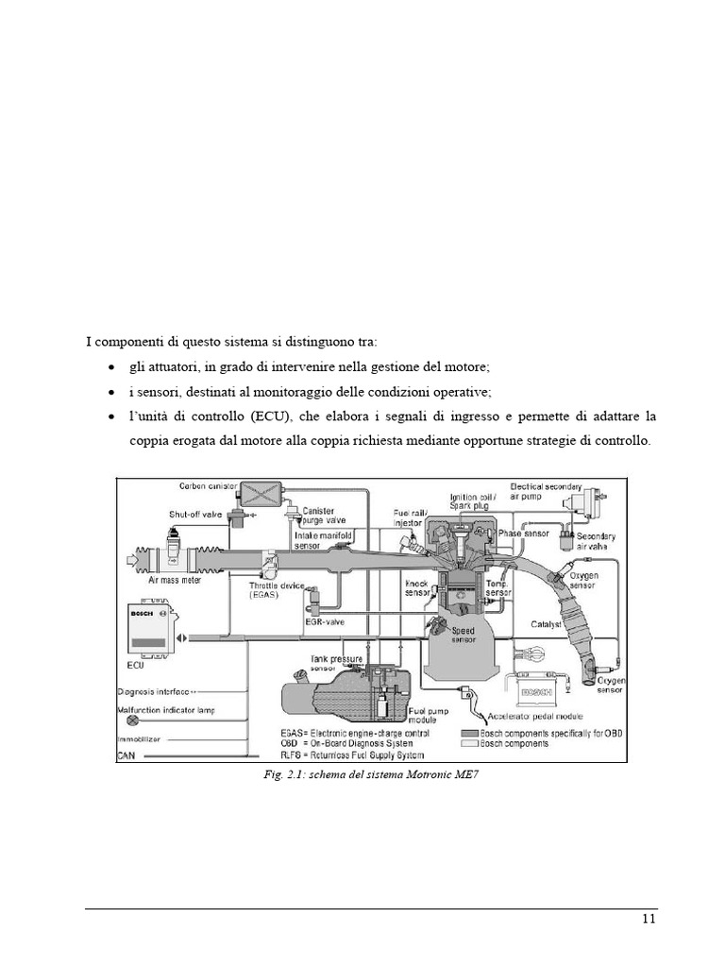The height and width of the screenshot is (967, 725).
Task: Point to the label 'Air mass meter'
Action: [x=175, y=581]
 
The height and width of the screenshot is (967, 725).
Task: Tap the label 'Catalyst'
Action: [x=547, y=624]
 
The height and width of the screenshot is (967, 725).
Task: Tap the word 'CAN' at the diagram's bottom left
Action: [x=126, y=755]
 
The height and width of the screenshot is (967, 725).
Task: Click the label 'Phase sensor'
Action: [x=524, y=534]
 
